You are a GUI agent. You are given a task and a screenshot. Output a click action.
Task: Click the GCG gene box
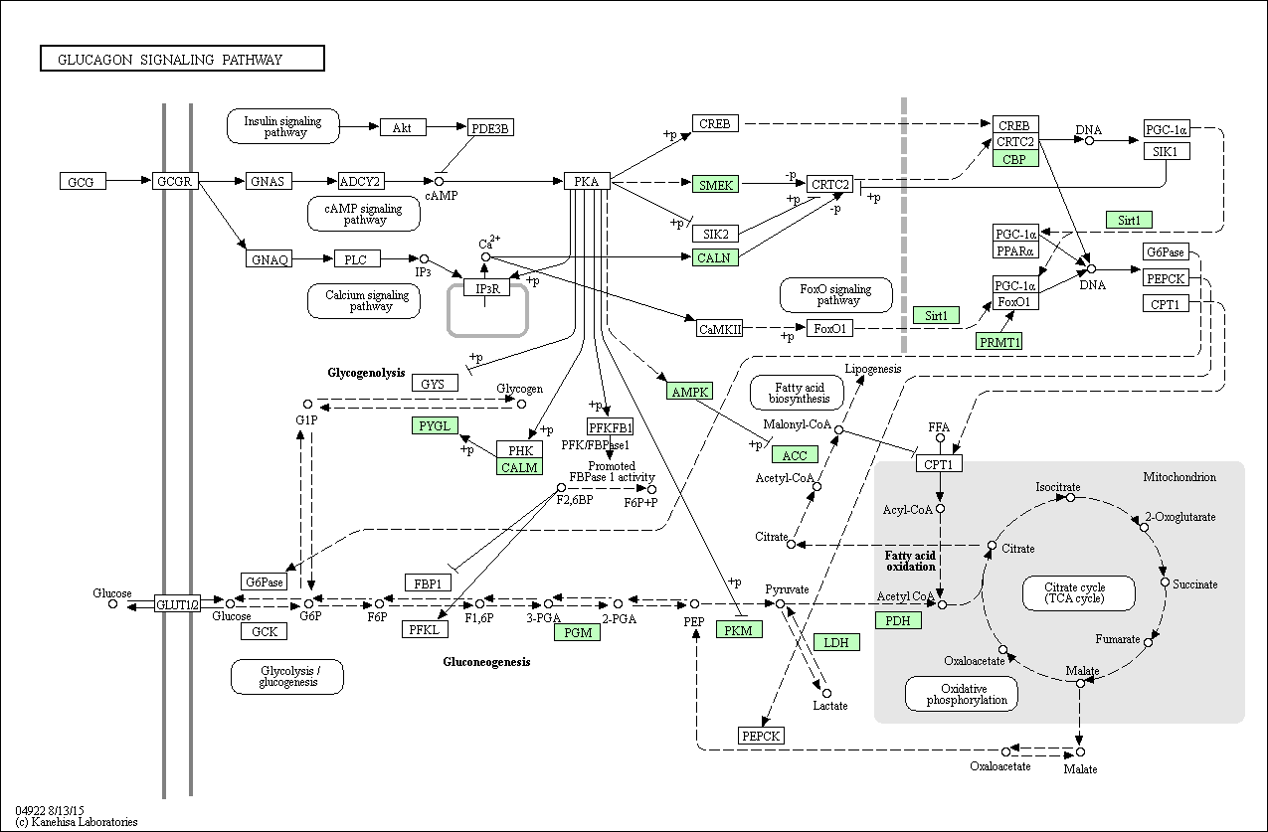[x=83, y=181]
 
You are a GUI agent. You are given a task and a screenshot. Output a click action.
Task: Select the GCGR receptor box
[x=175, y=181]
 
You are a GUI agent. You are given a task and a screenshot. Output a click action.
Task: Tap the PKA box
[x=587, y=181]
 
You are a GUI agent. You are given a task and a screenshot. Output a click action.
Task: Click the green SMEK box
[x=715, y=185]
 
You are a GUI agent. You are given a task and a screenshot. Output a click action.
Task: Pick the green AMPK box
[x=690, y=391]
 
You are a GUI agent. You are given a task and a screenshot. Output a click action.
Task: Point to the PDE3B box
[x=490, y=128]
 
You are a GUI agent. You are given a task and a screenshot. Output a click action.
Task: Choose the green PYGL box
[x=435, y=425]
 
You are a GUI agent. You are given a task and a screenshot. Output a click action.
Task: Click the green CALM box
[x=520, y=467]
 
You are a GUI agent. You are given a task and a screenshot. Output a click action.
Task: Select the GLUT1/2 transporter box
[x=177, y=604]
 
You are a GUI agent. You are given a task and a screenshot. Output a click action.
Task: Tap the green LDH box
[x=836, y=642]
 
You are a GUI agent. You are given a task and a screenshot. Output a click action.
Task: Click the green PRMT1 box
[x=999, y=341]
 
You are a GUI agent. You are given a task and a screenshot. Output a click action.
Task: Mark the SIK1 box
[x=1167, y=151]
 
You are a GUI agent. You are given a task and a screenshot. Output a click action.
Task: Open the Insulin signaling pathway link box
[x=283, y=126]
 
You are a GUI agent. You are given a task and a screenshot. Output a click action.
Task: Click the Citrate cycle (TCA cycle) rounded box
[x=1078, y=593]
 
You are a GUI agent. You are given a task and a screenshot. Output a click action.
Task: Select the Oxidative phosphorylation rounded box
[x=961, y=694]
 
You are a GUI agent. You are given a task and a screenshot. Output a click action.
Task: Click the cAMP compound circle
[x=439, y=181]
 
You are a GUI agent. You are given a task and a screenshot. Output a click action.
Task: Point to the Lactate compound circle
[x=826, y=694]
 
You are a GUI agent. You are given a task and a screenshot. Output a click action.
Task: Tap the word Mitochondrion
[x=1179, y=477]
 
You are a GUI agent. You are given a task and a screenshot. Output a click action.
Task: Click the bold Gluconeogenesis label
[x=486, y=662]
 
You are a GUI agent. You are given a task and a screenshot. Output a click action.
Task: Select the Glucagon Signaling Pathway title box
[x=182, y=59]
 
